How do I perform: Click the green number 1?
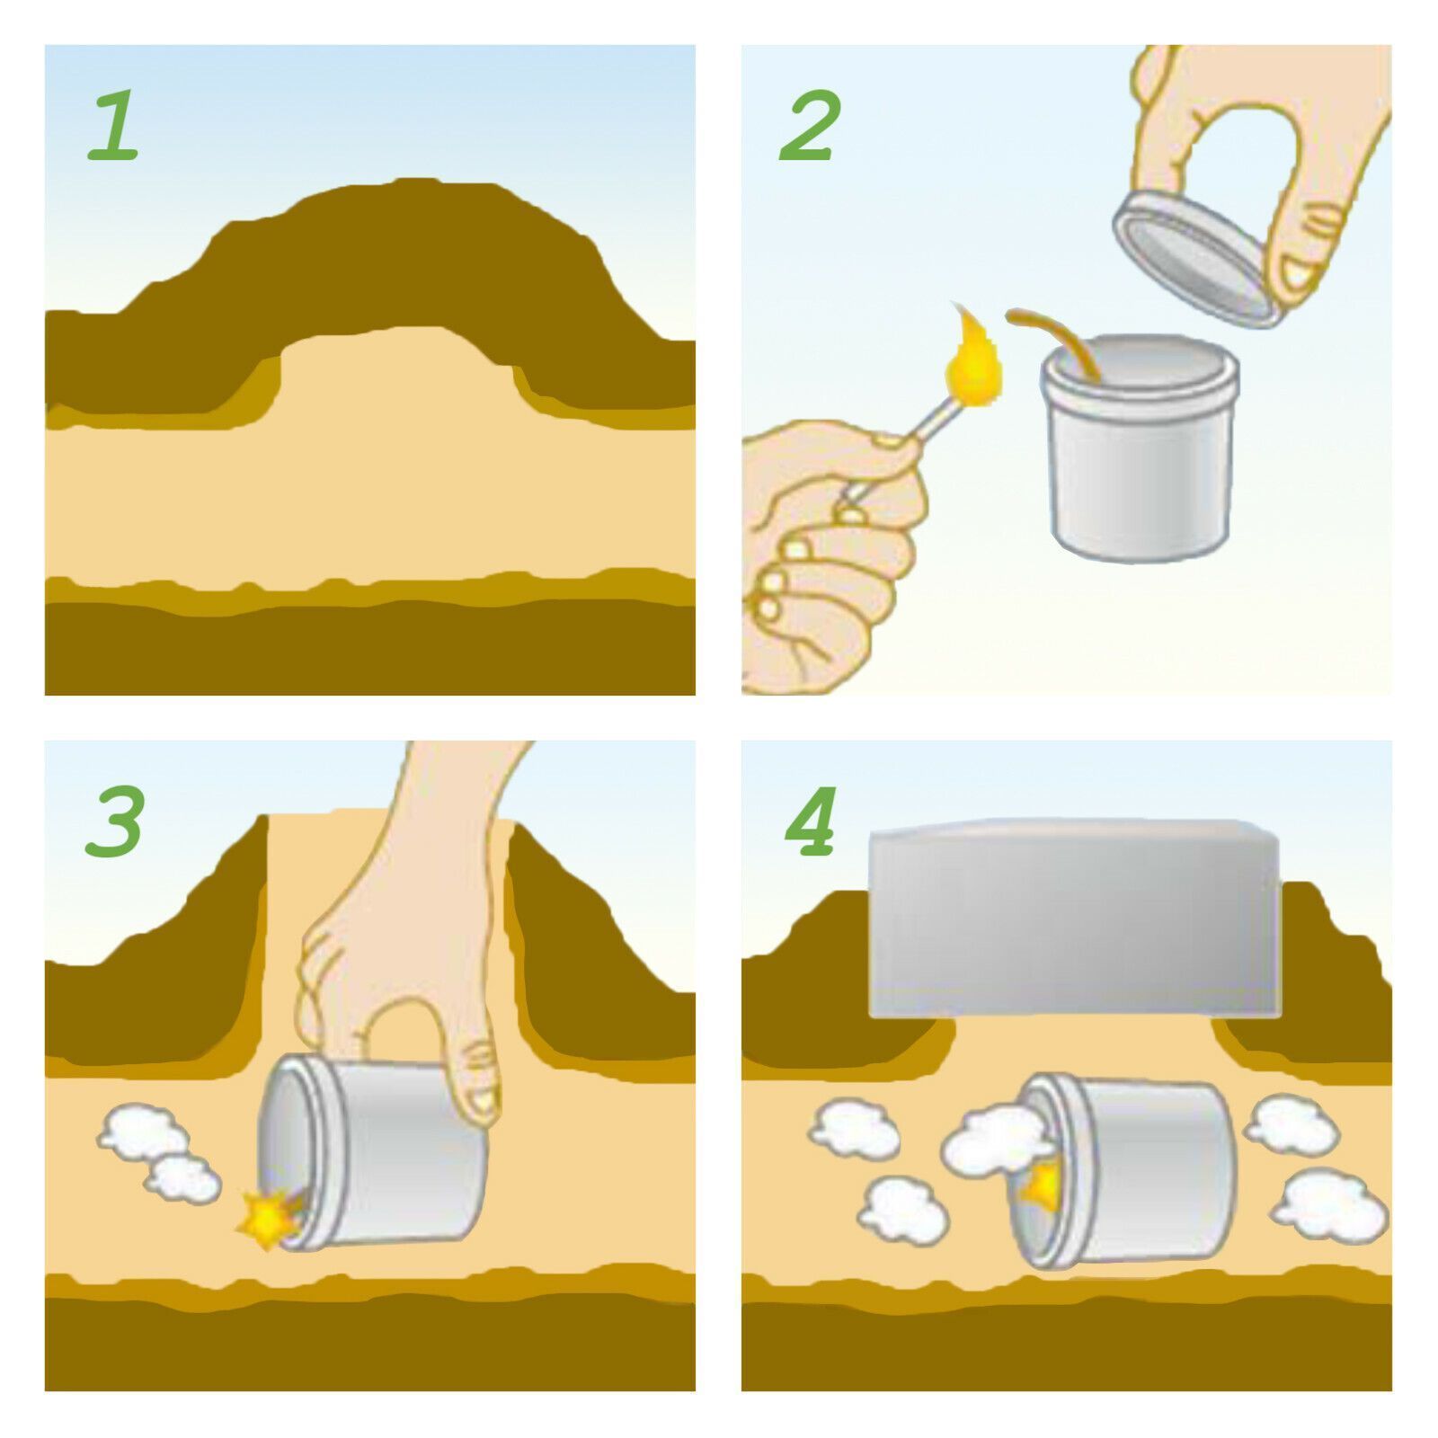pos(114,126)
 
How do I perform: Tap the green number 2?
pos(811,126)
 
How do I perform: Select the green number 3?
pos(115,821)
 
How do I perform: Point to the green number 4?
pos(812,821)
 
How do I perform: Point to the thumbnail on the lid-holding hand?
pos(1298,273)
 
